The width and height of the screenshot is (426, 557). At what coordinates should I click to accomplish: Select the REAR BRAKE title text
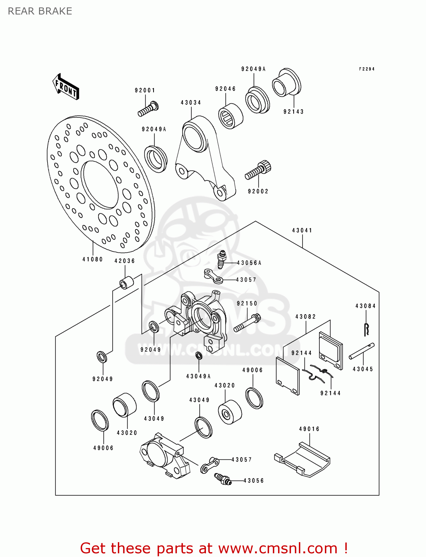40,11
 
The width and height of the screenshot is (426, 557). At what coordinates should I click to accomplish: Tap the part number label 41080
93,259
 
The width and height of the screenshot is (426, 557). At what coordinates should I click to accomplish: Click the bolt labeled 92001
148,109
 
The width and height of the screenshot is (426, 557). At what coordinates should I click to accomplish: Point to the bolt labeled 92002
258,171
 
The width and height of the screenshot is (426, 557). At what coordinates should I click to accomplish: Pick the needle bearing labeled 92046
230,116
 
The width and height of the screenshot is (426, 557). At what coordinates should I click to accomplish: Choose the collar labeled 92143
286,83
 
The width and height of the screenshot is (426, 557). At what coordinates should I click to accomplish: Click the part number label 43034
191,102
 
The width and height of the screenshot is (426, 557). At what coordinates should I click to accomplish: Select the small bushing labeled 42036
125,283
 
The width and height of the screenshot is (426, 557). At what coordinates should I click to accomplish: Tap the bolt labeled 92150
247,323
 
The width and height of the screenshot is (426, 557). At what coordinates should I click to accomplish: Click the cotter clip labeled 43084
367,329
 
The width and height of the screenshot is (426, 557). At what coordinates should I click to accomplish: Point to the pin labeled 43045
361,351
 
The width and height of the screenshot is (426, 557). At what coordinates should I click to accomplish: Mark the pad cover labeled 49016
303,459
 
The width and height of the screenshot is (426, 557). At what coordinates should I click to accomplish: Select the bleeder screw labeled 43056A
222,259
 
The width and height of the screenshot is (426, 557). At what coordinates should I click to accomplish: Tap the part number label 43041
302,230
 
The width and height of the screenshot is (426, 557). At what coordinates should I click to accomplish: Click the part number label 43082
306,317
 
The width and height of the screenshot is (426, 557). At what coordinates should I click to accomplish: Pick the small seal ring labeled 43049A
199,356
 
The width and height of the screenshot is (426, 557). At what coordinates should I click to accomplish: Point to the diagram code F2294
367,69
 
